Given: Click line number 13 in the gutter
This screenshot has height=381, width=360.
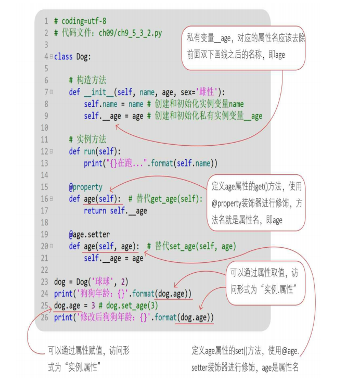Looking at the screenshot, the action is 45,163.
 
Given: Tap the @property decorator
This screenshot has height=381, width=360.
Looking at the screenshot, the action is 86,187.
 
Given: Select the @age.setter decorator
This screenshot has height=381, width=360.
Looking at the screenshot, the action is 89,234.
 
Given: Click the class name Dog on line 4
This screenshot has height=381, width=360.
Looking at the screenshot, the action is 83,56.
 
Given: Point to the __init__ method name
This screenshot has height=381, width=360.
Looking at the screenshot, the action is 98,92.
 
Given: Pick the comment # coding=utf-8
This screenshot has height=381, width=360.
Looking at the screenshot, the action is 80,21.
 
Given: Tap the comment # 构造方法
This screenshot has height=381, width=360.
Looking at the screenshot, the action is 87,80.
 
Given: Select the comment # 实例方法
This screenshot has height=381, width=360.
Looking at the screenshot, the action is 87,139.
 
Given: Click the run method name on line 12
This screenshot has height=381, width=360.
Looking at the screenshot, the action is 89,151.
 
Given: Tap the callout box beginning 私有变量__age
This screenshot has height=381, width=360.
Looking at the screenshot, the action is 243,46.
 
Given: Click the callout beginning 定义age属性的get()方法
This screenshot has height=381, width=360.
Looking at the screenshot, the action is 256,203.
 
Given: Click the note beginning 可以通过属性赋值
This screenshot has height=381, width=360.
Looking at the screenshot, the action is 88,359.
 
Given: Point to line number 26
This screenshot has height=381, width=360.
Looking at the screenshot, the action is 45,317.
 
